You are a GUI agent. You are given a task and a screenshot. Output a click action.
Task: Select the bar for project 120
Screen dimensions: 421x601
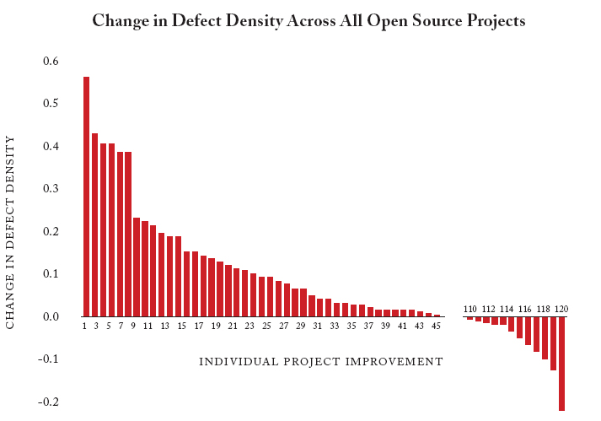click(561, 363)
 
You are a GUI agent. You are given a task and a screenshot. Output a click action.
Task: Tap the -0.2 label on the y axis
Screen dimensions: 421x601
click(49, 402)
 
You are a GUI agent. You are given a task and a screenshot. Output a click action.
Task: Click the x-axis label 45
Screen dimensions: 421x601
click(436, 326)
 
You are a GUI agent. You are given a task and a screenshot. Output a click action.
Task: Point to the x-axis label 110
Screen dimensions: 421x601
click(470, 309)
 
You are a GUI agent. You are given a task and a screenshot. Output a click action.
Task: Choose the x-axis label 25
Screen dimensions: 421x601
click(266, 326)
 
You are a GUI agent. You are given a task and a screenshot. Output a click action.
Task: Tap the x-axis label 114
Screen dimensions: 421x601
click(507, 309)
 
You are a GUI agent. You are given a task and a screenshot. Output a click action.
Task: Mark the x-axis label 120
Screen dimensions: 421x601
click(561, 309)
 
